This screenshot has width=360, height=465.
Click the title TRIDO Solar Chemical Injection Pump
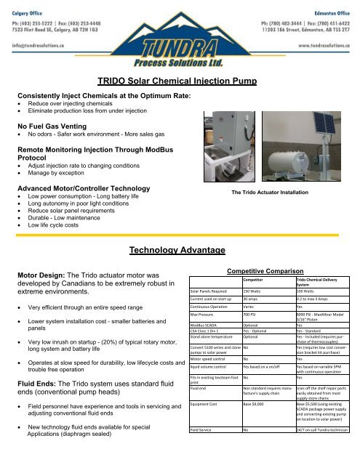[x=180, y=84]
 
